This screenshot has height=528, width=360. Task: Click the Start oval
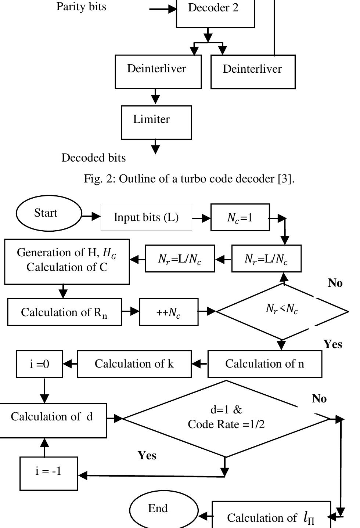(48, 213)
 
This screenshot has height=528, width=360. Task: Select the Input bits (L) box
(146, 217)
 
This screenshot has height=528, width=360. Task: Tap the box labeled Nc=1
(240, 218)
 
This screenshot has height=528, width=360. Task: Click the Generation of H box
(67, 261)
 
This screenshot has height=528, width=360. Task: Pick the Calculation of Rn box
(64, 312)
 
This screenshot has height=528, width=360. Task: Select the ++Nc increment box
(169, 312)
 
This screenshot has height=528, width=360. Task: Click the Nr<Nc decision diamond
(282, 311)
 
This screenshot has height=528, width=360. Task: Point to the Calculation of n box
(264, 364)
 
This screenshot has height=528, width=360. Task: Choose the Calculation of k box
(134, 364)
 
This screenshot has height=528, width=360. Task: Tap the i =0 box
(39, 364)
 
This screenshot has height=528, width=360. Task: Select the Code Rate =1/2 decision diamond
(226, 418)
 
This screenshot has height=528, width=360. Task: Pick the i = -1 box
(48, 473)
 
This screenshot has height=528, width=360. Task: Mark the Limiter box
(156, 122)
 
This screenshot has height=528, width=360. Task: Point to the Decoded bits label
(93, 158)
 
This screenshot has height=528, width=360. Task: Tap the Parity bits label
(81, 7)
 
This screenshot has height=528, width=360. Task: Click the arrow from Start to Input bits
(91, 216)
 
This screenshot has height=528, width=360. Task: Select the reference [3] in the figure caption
(285, 179)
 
